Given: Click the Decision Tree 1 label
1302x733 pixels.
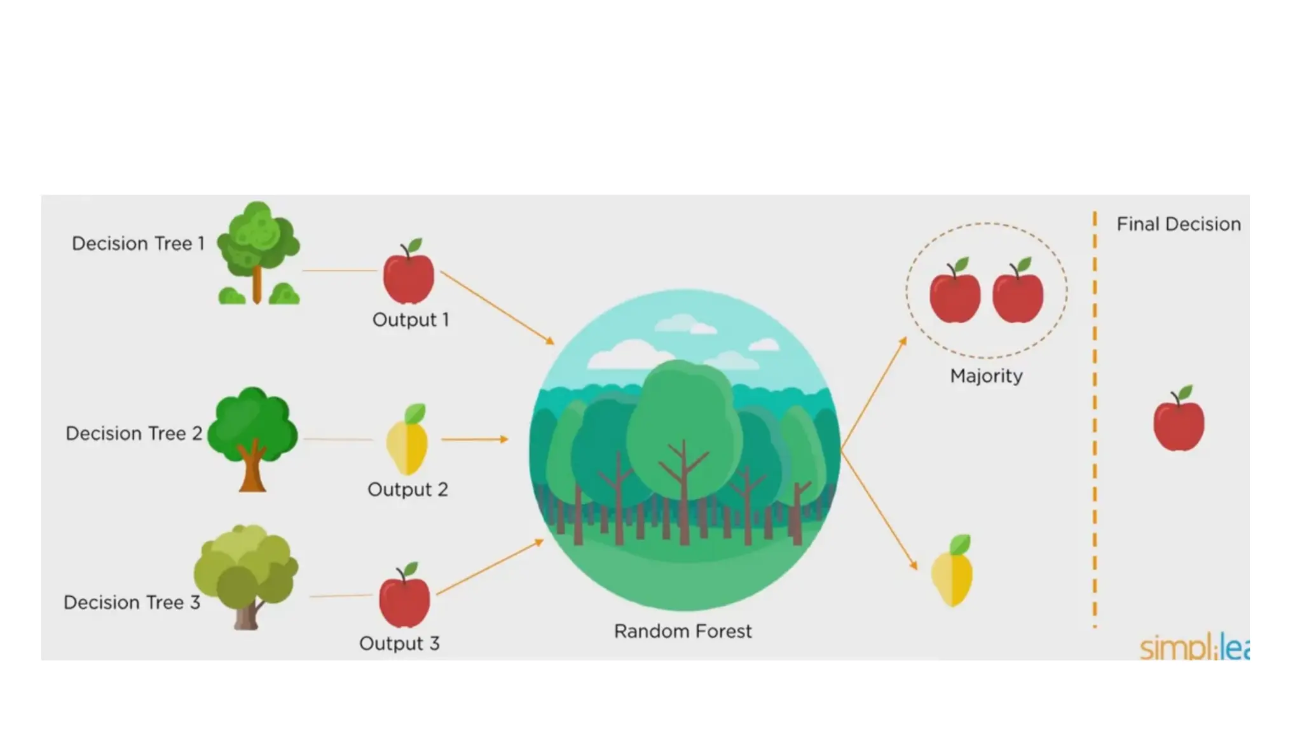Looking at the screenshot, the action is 138,244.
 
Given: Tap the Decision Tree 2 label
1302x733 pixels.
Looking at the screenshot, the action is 134,434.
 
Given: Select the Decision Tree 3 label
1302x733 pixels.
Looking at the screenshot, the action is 132,603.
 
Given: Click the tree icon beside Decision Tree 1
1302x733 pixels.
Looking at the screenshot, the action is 258,253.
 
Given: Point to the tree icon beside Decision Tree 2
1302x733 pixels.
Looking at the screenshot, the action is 252,438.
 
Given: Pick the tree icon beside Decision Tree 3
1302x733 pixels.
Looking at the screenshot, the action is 246,576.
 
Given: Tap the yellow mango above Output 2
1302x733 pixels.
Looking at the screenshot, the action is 407,440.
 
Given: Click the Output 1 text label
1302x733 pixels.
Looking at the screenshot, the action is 411,319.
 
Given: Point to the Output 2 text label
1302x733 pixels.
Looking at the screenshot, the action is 408,490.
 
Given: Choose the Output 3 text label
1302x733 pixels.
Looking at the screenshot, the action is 399,644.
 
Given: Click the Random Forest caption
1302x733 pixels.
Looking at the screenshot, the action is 683,632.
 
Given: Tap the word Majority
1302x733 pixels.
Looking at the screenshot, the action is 986,376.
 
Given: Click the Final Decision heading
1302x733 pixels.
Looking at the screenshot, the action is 1179,225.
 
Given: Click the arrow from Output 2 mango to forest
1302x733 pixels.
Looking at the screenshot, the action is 475,439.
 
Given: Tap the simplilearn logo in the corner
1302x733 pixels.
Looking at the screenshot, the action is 1193,647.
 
